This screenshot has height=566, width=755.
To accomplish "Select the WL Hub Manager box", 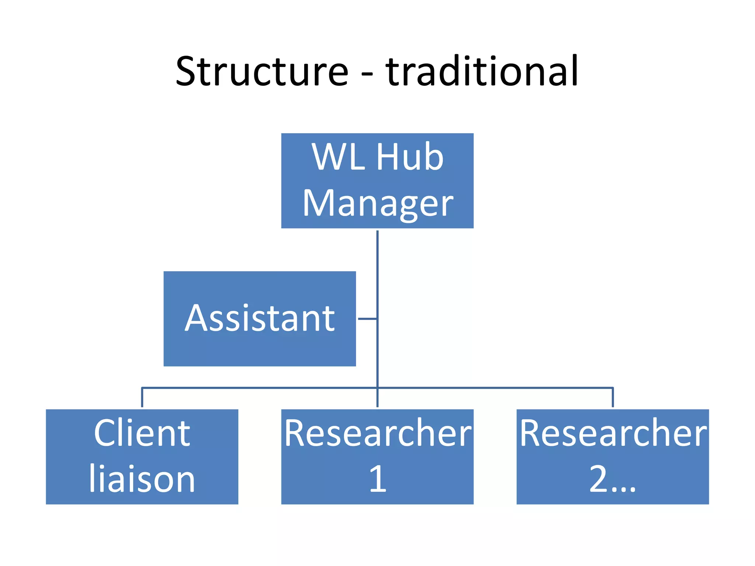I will point(377,181).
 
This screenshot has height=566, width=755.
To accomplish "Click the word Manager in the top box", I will point(377,203).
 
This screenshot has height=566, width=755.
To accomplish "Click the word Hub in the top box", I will point(410,157).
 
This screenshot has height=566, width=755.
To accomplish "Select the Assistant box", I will point(260,346).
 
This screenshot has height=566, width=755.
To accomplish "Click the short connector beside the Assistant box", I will point(367,318).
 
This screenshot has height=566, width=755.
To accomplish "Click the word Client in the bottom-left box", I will point(142,433).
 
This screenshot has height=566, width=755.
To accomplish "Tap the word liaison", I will point(142,479).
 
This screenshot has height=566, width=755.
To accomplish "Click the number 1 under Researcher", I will point(377,479).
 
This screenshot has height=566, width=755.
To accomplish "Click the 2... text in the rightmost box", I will point(612,479).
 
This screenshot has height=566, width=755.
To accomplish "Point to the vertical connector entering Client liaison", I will point(142,398).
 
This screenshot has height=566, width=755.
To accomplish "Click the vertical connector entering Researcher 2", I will point(613,398).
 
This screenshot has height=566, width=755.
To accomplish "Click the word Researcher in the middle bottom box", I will point(377,433).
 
